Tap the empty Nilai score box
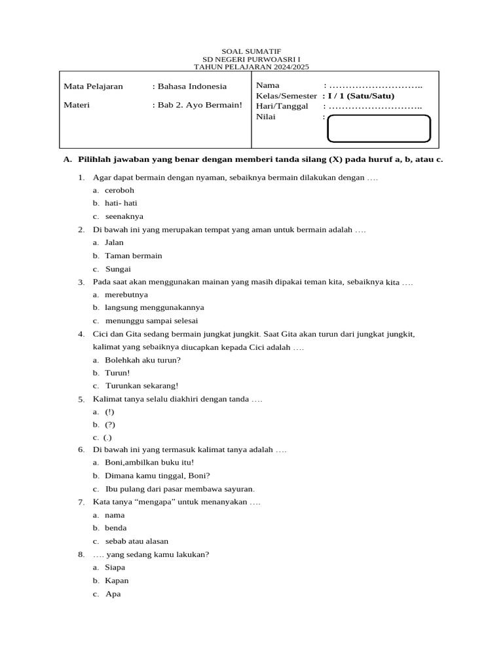pos(379,128)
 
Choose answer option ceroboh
pos(119,190)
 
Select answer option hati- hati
pos(121,203)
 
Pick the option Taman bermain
pos(134,256)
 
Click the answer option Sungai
pos(119,269)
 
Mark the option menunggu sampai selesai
pos(151,321)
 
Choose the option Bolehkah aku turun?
pos(143,360)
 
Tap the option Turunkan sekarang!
pos(142,386)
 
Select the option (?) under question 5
pos(110,425)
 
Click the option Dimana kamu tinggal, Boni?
pos(157,476)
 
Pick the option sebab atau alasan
pos(137,541)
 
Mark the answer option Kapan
pos(117,581)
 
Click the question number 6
pos(81,450)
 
